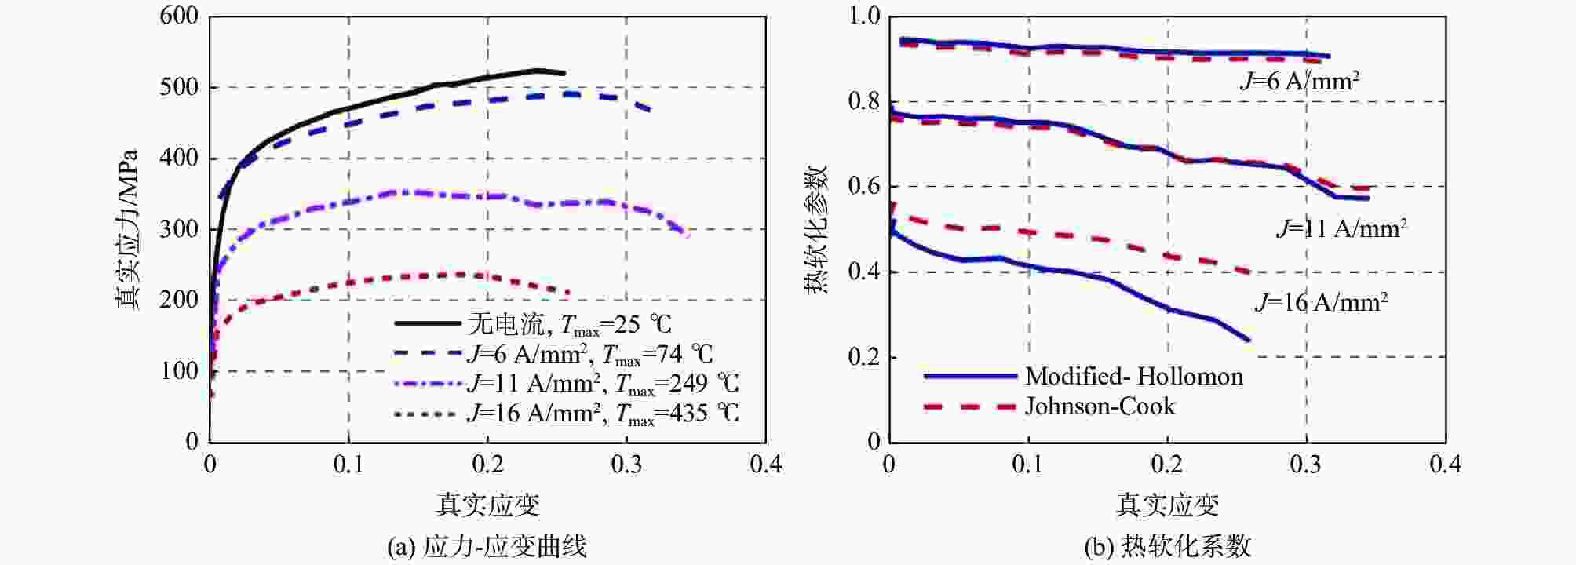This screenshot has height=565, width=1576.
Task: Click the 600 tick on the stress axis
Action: tap(179, 16)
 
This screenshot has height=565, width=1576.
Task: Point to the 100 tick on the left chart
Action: tap(179, 370)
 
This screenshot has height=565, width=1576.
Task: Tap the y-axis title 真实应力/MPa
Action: tap(127, 229)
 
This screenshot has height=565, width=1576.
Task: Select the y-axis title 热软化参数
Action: tap(816, 229)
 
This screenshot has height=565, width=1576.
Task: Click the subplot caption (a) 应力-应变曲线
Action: tap(487, 546)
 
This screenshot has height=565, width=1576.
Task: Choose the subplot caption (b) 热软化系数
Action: tap(1167, 546)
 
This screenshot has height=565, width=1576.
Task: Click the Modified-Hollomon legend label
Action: tap(1134, 377)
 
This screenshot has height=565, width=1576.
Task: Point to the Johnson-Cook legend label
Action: tap(1100, 406)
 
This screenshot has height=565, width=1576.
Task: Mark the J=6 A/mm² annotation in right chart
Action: tap(1300, 81)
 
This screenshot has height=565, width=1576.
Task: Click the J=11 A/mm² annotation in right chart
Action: tap(1341, 229)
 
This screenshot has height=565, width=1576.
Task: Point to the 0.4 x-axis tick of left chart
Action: tap(765, 465)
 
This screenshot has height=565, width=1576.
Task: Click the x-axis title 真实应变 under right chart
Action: tap(1167, 505)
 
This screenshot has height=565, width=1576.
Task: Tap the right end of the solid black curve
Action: tap(564, 73)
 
